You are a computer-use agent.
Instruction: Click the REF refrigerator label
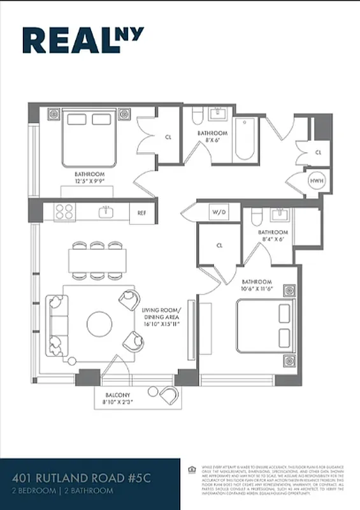tap(142, 213)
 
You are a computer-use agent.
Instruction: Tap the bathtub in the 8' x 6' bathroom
tap(245, 140)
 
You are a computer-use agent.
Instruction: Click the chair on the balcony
tap(168, 395)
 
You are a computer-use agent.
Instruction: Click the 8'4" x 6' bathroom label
tap(273, 237)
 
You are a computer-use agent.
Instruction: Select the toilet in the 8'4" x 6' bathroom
tap(256, 219)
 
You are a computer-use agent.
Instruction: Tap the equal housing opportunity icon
tap(192, 470)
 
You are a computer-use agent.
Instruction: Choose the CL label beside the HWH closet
tap(318, 153)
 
